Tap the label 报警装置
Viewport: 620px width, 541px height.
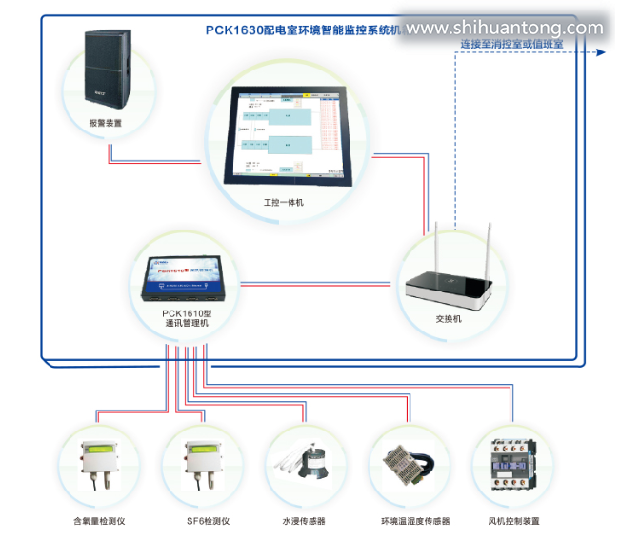[105, 123]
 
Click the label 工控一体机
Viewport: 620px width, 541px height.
[284, 202]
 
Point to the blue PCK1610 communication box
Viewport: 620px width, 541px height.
[187, 276]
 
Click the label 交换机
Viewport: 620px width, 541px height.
[448, 318]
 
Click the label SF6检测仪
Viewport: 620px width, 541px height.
[208, 521]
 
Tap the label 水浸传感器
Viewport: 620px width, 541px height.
[304, 521]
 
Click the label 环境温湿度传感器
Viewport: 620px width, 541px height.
[414, 521]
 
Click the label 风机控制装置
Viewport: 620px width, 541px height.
[514, 521]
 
